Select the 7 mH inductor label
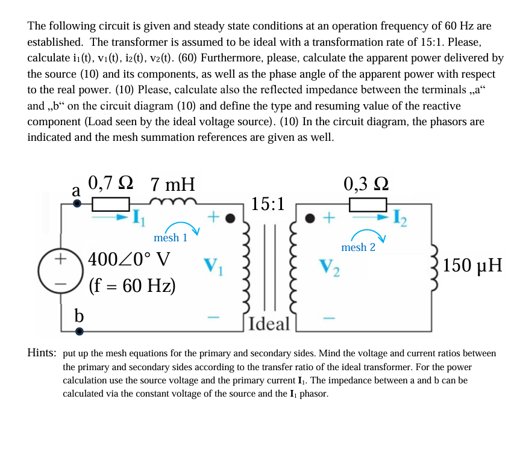pyautogui.click(x=172, y=183)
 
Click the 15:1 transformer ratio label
pyautogui.click(x=269, y=203)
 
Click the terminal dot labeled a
pyautogui.click(x=77, y=204)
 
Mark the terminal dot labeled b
pyautogui.click(x=78, y=331)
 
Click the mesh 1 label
pyautogui.click(x=170, y=238)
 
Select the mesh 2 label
pyautogui.click(x=358, y=247)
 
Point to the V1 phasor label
pyautogui.click(x=213, y=265)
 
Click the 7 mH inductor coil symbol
pyautogui.click(x=173, y=200)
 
